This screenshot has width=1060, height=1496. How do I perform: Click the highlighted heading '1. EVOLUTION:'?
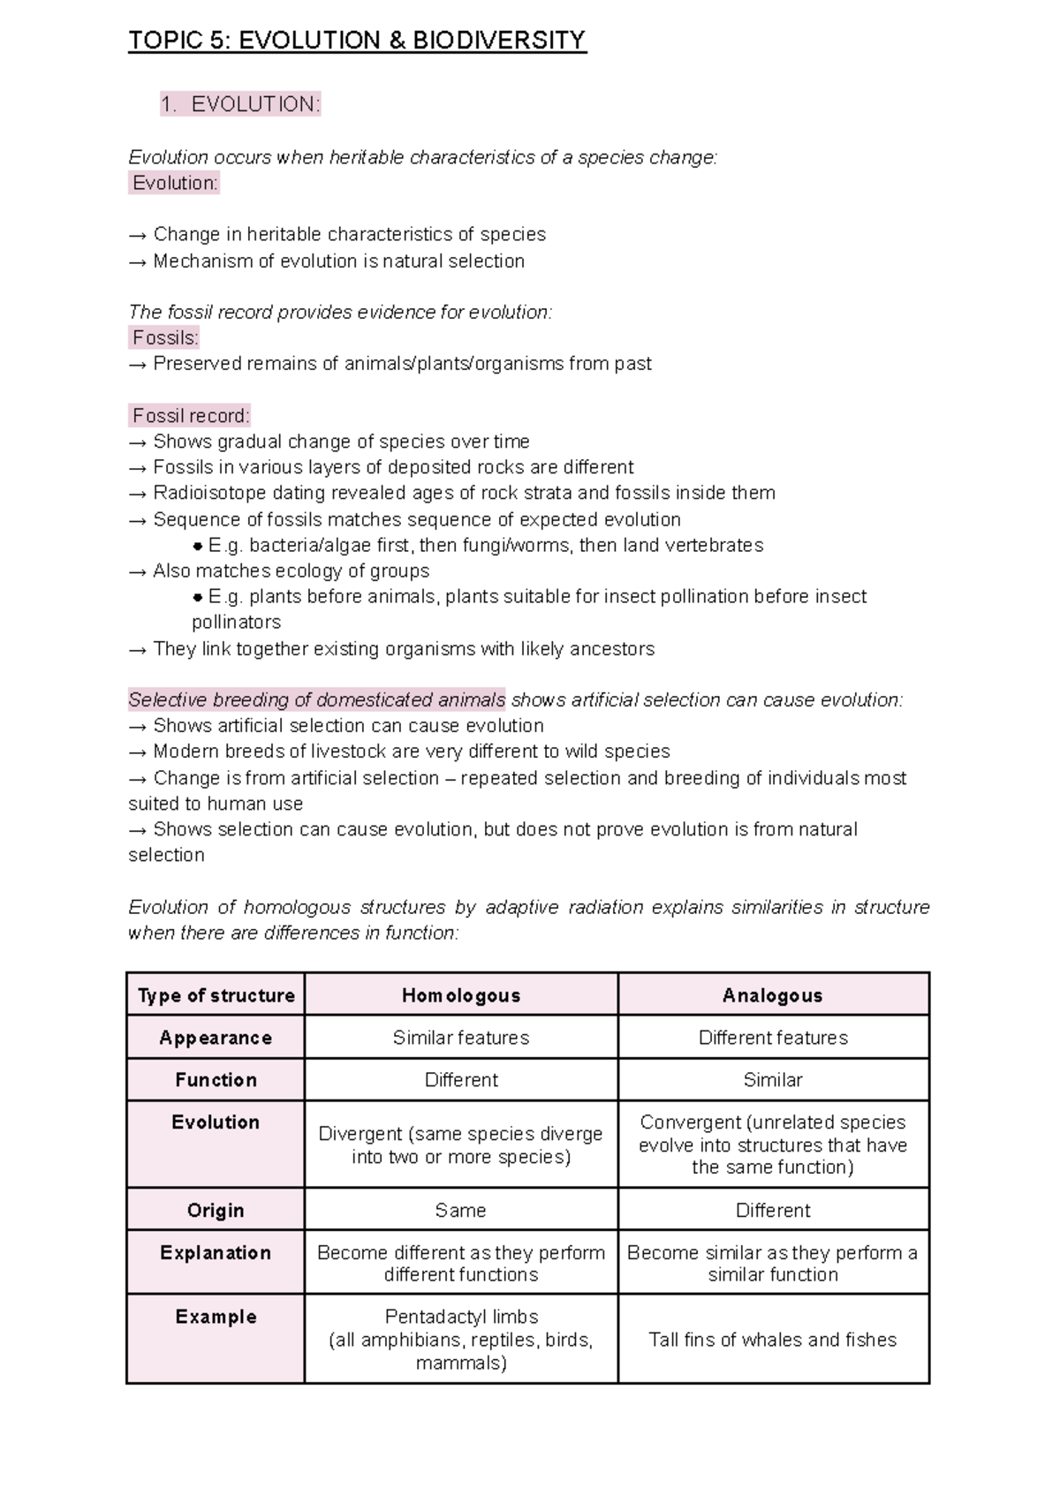point(240,104)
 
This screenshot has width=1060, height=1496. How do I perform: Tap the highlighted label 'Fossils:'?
point(165,337)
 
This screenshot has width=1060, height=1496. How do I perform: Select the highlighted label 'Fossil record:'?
point(191,415)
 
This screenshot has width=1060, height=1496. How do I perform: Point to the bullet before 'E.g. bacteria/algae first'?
point(198,546)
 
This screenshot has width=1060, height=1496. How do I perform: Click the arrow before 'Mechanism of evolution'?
point(138,261)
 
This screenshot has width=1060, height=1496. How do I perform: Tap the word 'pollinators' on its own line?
point(236,622)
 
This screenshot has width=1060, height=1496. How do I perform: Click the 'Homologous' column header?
point(460,995)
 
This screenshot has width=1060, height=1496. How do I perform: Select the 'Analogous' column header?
point(772,995)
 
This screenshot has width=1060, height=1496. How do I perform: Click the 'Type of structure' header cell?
point(216,995)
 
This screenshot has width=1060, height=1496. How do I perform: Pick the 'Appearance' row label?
point(216,1038)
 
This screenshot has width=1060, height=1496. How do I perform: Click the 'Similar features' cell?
point(460,1038)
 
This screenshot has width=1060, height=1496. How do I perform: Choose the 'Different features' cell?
point(772,1038)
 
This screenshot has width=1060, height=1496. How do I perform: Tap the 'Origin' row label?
point(216,1210)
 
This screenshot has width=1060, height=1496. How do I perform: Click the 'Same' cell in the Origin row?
point(460,1210)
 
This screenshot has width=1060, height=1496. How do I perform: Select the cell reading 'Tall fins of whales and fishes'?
point(772,1340)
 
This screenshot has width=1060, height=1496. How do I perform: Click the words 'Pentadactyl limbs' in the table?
point(461,1317)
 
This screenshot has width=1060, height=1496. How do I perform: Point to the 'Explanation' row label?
point(216,1252)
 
